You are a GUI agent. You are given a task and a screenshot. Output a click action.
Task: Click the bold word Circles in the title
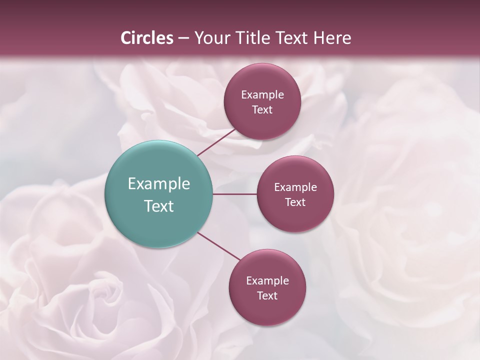(x=147, y=38)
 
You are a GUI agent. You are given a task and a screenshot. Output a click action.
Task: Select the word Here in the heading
(x=332, y=38)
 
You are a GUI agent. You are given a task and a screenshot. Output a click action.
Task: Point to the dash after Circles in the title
(x=183, y=38)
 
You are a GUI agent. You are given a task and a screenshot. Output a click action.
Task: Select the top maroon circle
(x=262, y=101)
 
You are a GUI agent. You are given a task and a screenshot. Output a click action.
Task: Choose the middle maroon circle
(x=295, y=194)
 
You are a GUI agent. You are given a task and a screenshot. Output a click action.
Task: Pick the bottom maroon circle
(x=267, y=287)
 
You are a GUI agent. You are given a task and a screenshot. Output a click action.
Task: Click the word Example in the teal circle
(x=159, y=184)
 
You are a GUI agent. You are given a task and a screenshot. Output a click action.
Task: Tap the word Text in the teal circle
(x=159, y=206)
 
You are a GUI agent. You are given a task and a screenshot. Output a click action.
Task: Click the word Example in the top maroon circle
(x=262, y=94)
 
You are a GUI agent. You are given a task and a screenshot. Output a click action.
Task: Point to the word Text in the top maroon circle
(x=262, y=109)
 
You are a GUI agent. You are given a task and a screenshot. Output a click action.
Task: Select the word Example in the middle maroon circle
(x=295, y=187)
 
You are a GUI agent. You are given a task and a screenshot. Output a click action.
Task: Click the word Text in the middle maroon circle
(x=295, y=202)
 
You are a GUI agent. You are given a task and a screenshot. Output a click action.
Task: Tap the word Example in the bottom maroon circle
(x=267, y=280)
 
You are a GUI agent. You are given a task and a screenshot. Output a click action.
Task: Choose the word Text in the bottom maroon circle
(x=267, y=295)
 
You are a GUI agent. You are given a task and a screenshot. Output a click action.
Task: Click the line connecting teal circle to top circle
(x=216, y=142)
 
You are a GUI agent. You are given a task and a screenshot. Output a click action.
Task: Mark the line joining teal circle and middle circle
(x=235, y=194)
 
